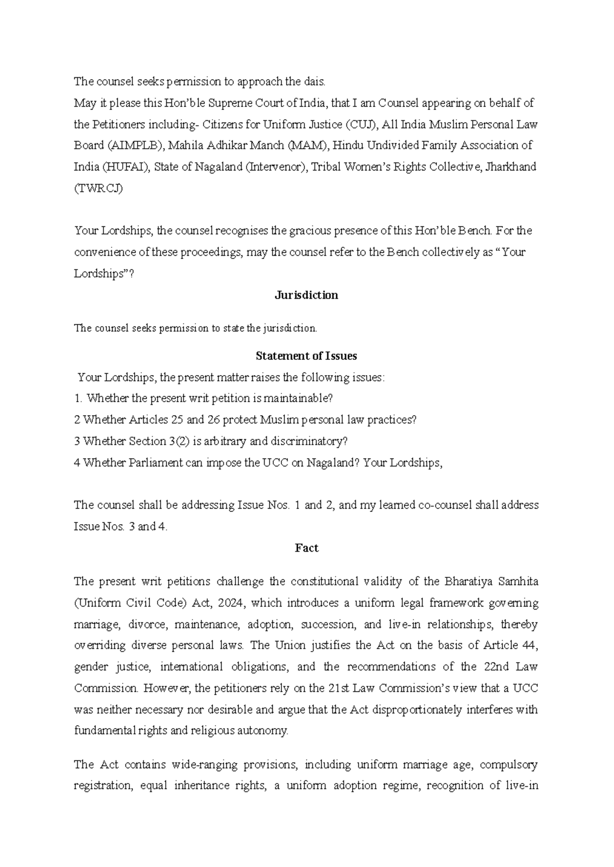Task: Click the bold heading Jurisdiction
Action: point(306,295)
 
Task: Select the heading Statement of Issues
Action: point(306,356)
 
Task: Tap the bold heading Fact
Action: point(306,548)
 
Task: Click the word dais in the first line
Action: point(315,81)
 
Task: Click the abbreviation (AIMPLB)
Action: point(135,145)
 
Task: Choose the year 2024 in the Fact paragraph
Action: point(228,603)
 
